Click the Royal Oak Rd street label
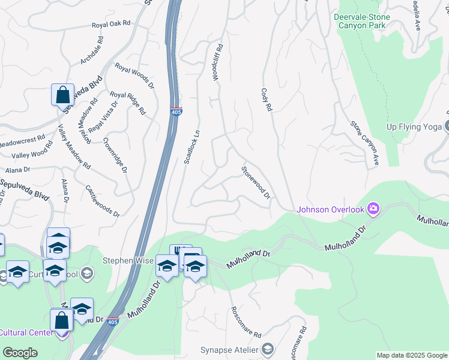pyautogui.click(x=111, y=25)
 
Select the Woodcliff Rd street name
pyautogui.click(x=217, y=62)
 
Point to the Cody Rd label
pyautogui.click(x=267, y=100)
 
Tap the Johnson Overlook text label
pyautogui.click(x=331, y=209)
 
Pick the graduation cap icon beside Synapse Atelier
pyautogui.click(x=268, y=350)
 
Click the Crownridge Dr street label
pyautogui.click(x=115, y=155)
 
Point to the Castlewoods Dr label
pyautogui.click(x=103, y=201)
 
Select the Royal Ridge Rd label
pyautogui.click(x=128, y=103)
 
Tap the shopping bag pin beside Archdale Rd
pyautogui.click(x=62, y=95)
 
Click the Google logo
pyautogui.click(x=20, y=353)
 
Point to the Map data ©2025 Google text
pyautogui.click(x=411, y=355)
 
